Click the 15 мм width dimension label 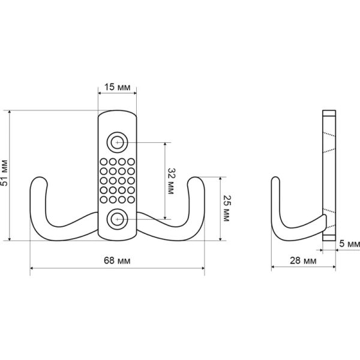[118, 88]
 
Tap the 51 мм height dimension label [5, 174]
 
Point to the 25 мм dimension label [226, 208]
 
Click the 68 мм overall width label [118, 260]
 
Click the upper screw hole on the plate [118, 142]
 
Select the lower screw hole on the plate [118, 219]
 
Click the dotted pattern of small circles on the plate [118, 181]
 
